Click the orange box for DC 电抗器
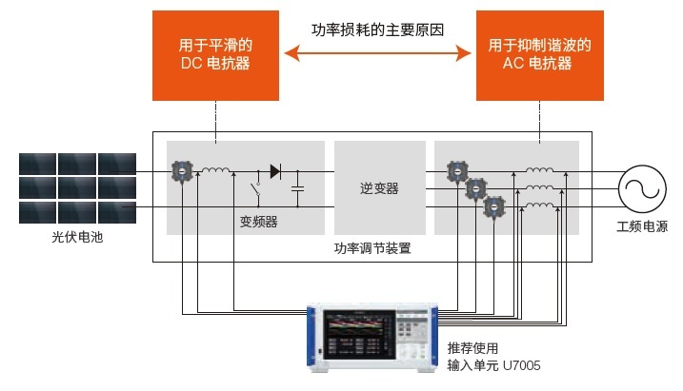(x=216, y=56)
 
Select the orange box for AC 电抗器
(x=539, y=56)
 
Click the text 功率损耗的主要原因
(x=377, y=29)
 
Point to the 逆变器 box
(x=379, y=188)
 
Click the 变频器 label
(x=258, y=222)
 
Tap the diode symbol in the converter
(x=276, y=172)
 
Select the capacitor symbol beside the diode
(x=298, y=189)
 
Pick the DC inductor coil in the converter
(x=215, y=172)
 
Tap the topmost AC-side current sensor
(x=458, y=172)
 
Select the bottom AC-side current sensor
(x=492, y=205)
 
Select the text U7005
(x=523, y=364)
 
